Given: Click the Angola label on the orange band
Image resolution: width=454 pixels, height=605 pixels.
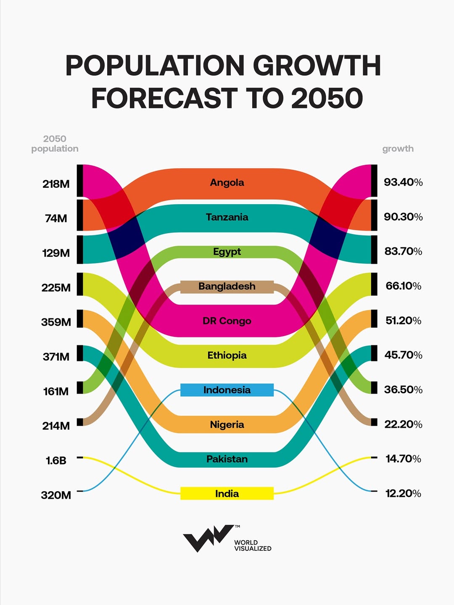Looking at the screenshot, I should click(x=227, y=183).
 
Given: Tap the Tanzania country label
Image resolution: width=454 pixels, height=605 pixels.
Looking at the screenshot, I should click(x=227, y=217).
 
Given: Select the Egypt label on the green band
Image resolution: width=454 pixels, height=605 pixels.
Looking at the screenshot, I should click(x=227, y=252).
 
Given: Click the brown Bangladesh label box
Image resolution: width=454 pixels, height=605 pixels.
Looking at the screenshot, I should click(x=227, y=287).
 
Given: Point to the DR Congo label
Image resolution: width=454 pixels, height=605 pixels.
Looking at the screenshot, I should click(x=227, y=321).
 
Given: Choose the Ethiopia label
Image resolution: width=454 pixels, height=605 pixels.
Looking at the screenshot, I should click(x=227, y=355).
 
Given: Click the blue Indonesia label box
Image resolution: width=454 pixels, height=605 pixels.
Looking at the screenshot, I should click(x=227, y=390).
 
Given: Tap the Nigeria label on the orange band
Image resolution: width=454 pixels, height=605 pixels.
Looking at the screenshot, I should click(x=227, y=425).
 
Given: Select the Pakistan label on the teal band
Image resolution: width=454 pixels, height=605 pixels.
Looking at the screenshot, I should click(x=227, y=459).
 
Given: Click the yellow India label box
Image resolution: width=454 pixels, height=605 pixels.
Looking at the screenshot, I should click(x=227, y=494).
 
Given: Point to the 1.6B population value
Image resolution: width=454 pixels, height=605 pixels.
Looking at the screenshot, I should click(x=56, y=461).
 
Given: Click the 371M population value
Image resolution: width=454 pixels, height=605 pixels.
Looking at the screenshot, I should click(x=56, y=357).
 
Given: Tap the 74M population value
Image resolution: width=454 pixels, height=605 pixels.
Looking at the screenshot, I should click(x=56, y=218).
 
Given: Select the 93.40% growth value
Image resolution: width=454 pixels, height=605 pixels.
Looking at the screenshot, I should click(x=403, y=182).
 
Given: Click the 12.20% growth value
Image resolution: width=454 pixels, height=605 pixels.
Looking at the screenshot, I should click(x=403, y=493).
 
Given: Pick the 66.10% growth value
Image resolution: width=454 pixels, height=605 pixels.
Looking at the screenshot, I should click(x=403, y=286).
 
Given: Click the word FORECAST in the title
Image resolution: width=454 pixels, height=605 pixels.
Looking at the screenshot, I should click(x=164, y=98).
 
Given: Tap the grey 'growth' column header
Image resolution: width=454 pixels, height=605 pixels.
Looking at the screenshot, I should click(x=398, y=149).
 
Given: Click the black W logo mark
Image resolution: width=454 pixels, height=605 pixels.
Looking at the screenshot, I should click(x=208, y=538).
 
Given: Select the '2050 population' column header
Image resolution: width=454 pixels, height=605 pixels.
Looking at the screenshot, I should click(x=55, y=144).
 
